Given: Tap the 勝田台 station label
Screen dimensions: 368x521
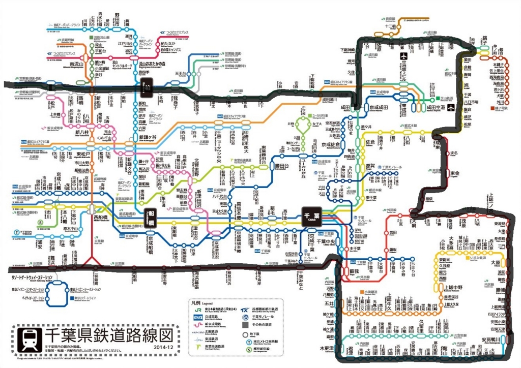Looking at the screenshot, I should [x=278, y=165].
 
